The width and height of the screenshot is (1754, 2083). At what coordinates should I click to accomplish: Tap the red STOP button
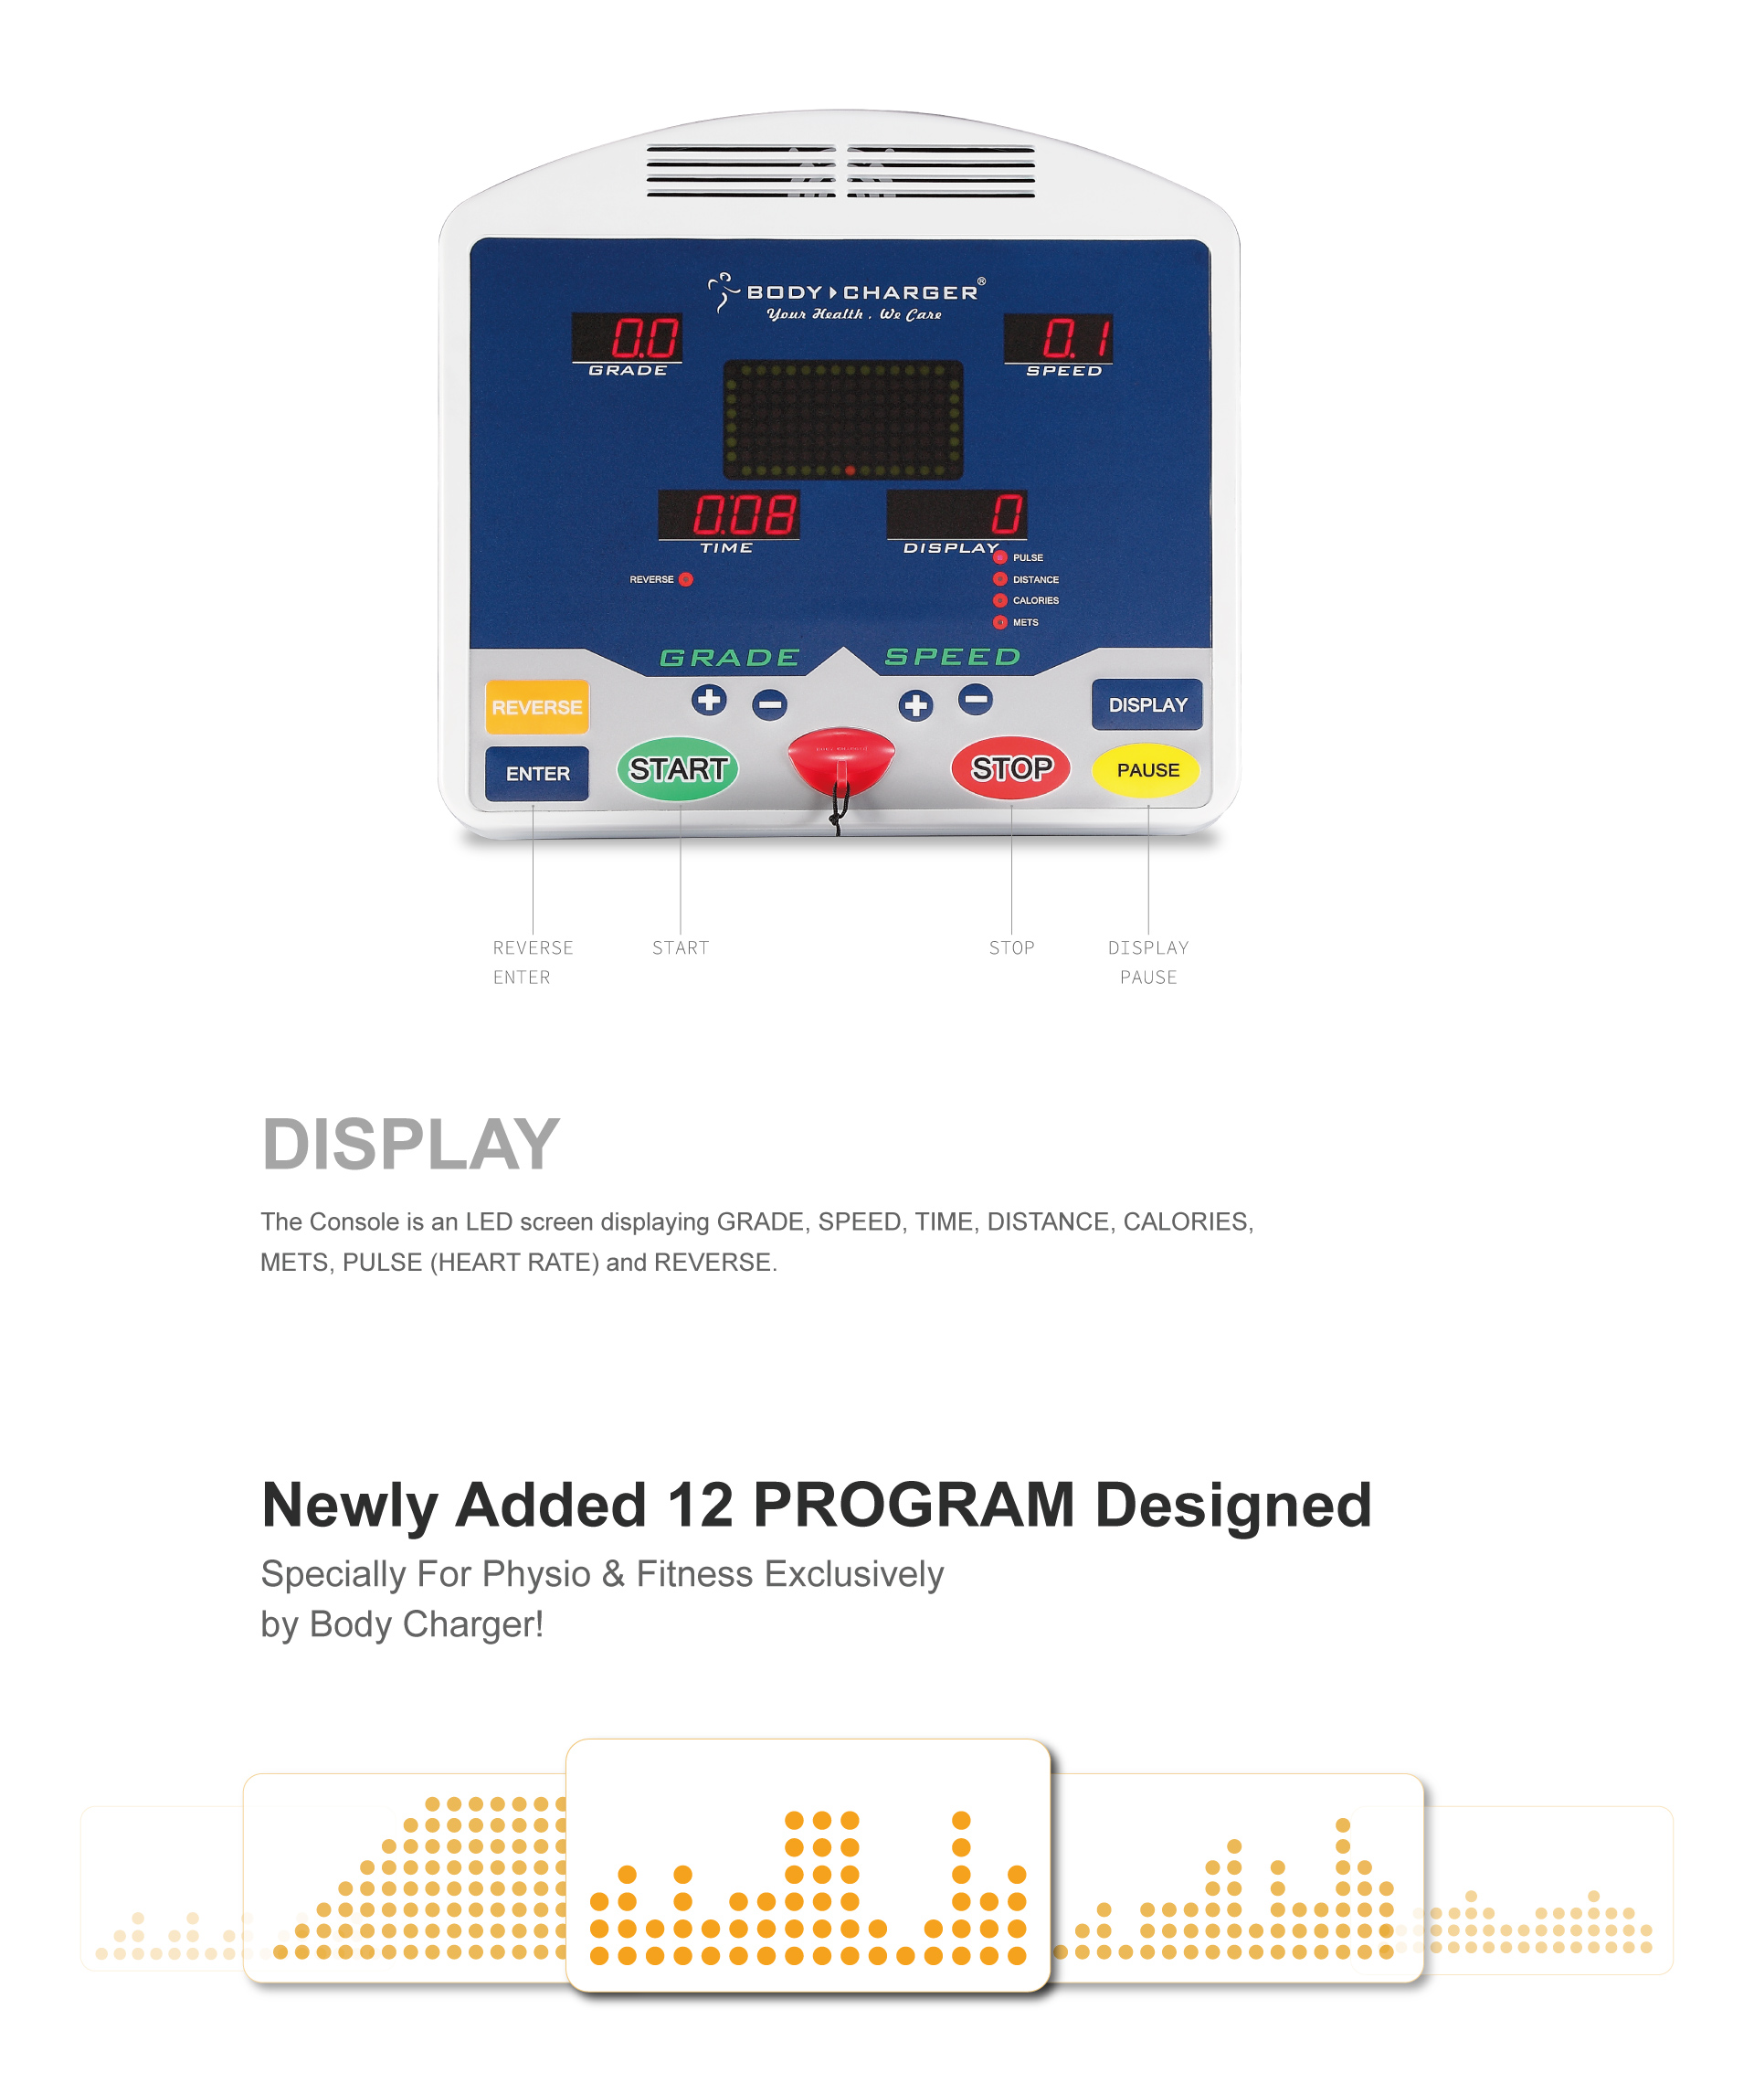(x=1010, y=767)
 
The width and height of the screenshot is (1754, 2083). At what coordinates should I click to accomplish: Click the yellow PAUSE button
(x=1146, y=770)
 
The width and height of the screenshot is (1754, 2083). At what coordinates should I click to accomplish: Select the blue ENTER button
(x=537, y=774)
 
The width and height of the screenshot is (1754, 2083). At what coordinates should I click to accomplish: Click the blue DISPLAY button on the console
(x=1147, y=705)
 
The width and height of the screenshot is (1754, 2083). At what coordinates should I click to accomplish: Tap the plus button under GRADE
(x=709, y=700)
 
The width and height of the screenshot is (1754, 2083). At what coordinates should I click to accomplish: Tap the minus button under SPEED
(x=976, y=699)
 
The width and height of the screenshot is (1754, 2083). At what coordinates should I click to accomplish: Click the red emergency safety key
(x=841, y=762)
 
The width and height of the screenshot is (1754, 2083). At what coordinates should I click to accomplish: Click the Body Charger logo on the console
(x=846, y=296)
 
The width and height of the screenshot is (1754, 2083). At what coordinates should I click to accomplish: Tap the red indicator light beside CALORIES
(x=1000, y=600)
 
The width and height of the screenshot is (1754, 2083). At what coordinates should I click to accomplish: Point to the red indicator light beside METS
(x=1000, y=622)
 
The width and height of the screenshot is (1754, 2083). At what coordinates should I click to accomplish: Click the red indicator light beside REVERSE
(x=686, y=579)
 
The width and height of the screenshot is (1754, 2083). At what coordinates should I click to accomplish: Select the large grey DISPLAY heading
(x=411, y=1145)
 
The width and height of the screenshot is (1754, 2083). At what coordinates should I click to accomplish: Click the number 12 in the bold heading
(x=700, y=1505)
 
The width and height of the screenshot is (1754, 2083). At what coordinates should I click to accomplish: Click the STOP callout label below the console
(x=1011, y=947)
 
